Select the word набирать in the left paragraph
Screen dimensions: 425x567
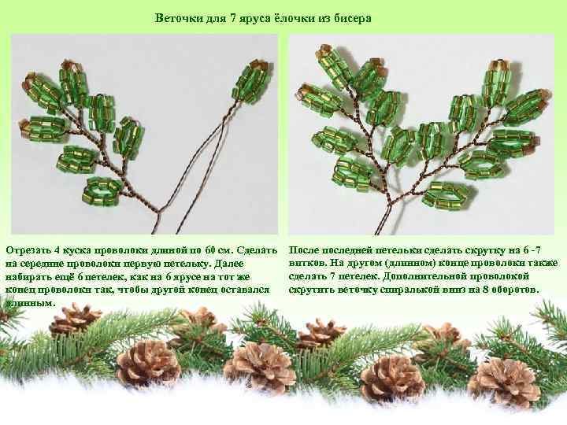[x=30, y=276]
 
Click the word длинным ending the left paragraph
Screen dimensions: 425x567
[x=29, y=303]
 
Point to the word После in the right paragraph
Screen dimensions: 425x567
[x=306, y=249]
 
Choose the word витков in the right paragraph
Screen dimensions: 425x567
[x=306, y=263]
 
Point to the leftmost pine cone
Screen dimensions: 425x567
[x=75, y=319]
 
